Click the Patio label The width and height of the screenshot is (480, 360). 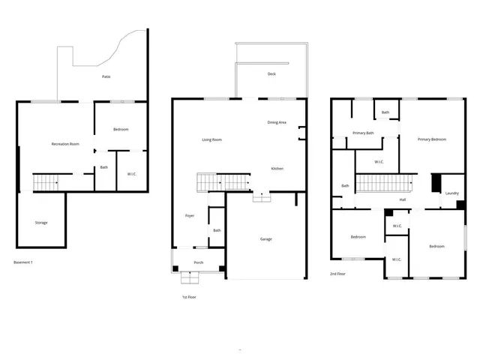[x=108, y=76]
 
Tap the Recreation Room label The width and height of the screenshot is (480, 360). [x=65, y=143]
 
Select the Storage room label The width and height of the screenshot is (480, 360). [x=41, y=223]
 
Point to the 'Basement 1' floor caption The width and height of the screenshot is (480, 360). [x=23, y=262]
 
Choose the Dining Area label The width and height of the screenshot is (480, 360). [x=277, y=122]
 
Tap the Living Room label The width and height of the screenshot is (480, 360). [x=211, y=139]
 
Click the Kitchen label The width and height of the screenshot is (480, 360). [x=277, y=169]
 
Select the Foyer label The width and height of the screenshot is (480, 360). [x=190, y=216]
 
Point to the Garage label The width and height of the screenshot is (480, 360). [x=266, y=239]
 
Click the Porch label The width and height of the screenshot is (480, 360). [x=199, y=262]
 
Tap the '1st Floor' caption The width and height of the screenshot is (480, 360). [x=189, y=297]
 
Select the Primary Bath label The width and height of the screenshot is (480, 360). [x=364, y=133]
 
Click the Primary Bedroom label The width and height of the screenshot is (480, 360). [x=432, y=139]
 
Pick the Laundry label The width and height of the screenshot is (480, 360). [x=451, y=193]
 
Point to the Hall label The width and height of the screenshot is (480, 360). [x=403, y=199]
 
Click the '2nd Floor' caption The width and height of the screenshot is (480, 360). [x=339, y=274]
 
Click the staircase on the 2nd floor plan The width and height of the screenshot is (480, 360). [x=385, y=182]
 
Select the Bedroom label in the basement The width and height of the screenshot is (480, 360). [x=121, y=130]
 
